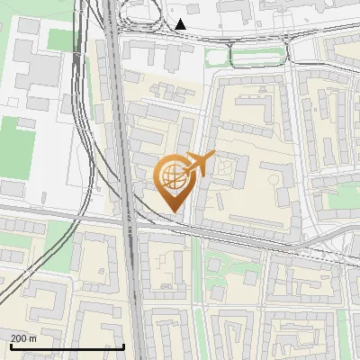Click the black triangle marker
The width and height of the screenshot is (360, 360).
coord(181,24)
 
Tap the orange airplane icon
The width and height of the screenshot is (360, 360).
coord(199,164)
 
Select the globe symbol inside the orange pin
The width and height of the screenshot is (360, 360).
coord(171,175)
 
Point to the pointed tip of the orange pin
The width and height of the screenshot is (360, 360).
coord(171,211)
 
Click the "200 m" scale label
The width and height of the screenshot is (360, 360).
coord(24,338)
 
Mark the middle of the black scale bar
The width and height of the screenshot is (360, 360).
coord(67,346)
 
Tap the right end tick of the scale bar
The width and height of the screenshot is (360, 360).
coord(123,346)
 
